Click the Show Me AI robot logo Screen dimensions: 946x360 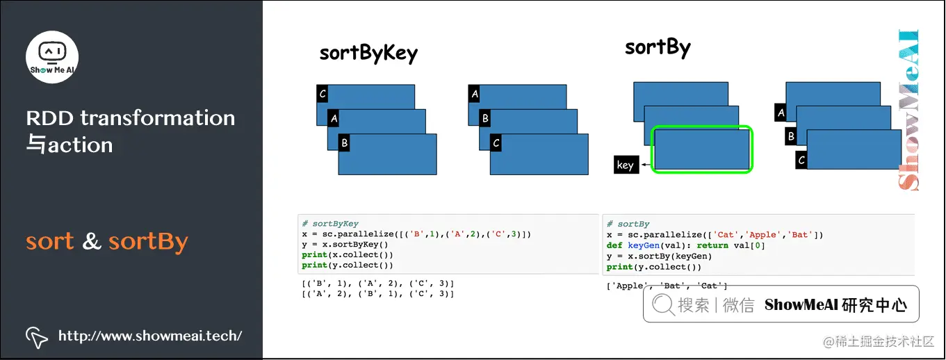(x=52, y=56)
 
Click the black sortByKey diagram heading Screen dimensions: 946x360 (x=368, y=54)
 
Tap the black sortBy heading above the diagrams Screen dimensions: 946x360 (x=657, y=48)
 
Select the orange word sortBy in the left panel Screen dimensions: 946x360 (x=148, y=241)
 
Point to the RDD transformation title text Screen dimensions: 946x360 (x=131, y=118)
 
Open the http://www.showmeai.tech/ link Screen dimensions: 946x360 (x=150, y=336)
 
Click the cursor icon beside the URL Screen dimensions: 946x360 (x=36, y=337)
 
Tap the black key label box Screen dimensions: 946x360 (x=625, y=165)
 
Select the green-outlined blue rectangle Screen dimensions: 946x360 (x=701, y=149)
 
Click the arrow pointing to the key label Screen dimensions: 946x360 (x=646, y=165)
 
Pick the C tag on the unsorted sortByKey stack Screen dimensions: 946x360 (x=322, y=94)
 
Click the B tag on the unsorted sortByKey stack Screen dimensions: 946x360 (x=344, y=144)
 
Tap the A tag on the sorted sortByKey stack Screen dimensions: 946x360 (x=475, y=94)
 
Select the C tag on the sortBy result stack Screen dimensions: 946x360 (x=801, y=161)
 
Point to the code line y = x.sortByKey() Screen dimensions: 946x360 (x=345, y=245)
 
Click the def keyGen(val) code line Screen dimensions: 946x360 (x=676, y=245)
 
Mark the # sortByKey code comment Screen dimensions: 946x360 (x=330, y=224)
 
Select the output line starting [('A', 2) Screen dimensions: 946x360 (x=377, y=294)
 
